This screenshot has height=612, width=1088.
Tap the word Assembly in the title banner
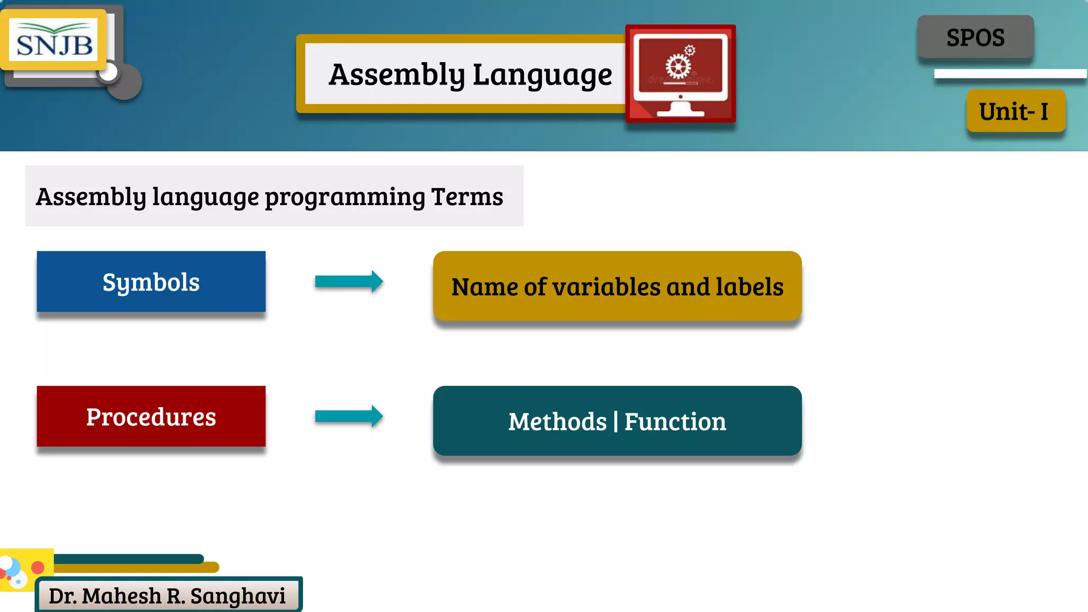[396, 74]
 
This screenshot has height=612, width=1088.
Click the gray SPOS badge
[975, 37]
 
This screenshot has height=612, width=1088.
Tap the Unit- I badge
[1015, 112]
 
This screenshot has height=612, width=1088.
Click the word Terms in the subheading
[467, 197]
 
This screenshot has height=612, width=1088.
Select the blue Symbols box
[151, 282]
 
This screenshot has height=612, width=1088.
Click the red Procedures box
[151, 416]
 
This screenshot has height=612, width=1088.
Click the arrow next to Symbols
[348, 282]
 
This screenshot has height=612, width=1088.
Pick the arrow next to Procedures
[348, 416]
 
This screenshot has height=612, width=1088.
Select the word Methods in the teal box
[557, 422]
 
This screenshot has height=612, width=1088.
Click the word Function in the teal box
[675, 422]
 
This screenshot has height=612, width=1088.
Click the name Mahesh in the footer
[121, 596]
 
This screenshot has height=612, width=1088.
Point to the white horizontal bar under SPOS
[1009, 74]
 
